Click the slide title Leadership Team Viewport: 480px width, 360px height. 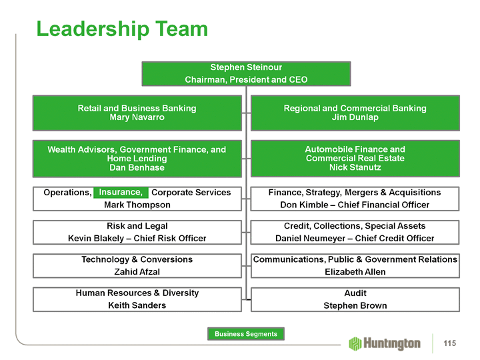coord(122,29)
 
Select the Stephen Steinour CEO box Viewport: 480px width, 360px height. coord(246,73)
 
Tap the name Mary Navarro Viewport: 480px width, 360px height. coord(137,117)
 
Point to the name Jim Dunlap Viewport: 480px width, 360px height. coord(355,117)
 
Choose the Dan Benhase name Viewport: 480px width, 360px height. coord(137,167)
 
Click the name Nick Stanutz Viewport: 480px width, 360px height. coord(355,167)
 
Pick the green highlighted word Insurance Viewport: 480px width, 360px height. coord(121,193)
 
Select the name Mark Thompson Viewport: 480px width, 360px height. coord(137,205)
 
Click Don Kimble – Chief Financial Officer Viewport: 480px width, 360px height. coord(355,205)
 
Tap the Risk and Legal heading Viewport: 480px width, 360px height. coord(137,226)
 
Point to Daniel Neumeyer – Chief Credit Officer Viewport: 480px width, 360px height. coord(355,238)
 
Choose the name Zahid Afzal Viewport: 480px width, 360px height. coord(137,271)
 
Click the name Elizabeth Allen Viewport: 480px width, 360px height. coord(355,271)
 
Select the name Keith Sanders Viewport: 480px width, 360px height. coord(137,305)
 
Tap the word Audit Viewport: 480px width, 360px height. coord(355,293)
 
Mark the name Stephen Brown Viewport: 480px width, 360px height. coord(355,305)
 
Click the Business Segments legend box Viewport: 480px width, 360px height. coord(245,333)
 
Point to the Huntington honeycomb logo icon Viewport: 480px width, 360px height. coord(355,343)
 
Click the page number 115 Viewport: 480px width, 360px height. coord(449,343)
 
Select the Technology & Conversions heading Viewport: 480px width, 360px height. coord(137,259)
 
